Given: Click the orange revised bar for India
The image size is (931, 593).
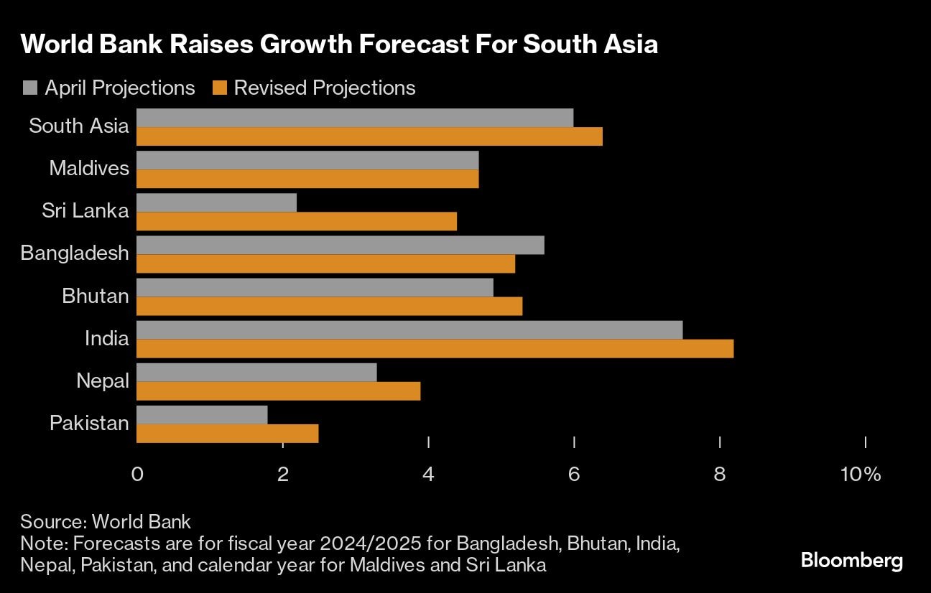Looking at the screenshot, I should (x=435, y=349).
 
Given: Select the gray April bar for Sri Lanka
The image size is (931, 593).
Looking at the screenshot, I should (x=216, y=202).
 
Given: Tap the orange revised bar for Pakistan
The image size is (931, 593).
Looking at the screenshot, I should (x=227, y=434).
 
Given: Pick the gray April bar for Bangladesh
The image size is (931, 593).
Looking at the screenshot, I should (x=340, y=245).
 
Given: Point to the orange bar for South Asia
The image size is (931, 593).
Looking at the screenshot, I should (x=369, y=136).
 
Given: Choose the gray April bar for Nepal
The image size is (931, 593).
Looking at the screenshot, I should (x=256, y=372).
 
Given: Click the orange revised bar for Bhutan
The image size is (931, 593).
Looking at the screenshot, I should (x=329, y=307).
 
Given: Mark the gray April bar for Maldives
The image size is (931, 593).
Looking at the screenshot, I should (x=307, y=160).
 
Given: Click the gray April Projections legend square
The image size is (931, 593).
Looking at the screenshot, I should (x=29, y=88).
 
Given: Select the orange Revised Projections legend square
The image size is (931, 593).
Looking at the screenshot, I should (x=220, y=88).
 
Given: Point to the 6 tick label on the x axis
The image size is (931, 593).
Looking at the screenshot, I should (x=573, y=475).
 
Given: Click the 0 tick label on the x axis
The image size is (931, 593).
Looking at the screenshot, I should (x=136, y=475).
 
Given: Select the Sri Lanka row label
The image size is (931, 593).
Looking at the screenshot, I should (x=85, y=211).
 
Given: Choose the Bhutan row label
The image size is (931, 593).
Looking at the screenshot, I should (x=96, y=296).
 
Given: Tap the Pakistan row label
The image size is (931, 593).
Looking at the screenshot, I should (x=89, y=423).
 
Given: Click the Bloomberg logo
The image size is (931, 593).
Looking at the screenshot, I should (x=851, y=560).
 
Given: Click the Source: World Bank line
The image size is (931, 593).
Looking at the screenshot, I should (x=106, y=520).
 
